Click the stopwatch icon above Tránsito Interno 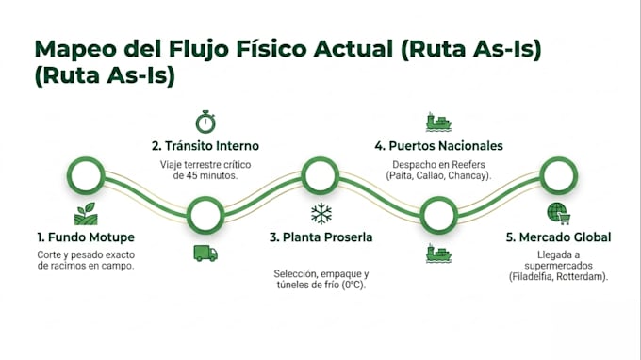[205, 122]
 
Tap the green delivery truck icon [205, 254]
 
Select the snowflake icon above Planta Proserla [321, 213]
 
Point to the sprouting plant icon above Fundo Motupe [86, 214]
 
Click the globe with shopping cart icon [558, 213]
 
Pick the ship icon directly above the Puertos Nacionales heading [438, 122]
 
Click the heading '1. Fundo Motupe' [86, 237]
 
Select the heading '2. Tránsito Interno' [205, 146]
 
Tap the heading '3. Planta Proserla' [320, 237]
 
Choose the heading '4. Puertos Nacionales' [438, 146]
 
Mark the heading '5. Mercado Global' [558, 237]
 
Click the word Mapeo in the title [75, 49]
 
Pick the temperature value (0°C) [353, 285]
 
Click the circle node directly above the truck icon [205, 215]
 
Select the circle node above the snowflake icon [320, 175]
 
